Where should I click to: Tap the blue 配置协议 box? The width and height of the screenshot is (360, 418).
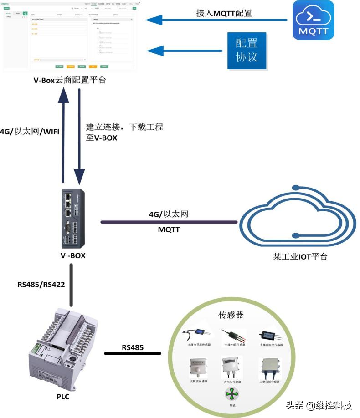point(247,50)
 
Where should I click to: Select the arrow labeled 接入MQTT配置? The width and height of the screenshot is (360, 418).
point(217,20)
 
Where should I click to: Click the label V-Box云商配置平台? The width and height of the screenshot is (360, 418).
point(70,80)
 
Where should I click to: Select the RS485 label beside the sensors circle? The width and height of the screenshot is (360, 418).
point(133,347)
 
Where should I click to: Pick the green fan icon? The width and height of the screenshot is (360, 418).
point(232,393)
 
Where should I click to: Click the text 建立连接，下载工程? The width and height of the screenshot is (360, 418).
point(124,127)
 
